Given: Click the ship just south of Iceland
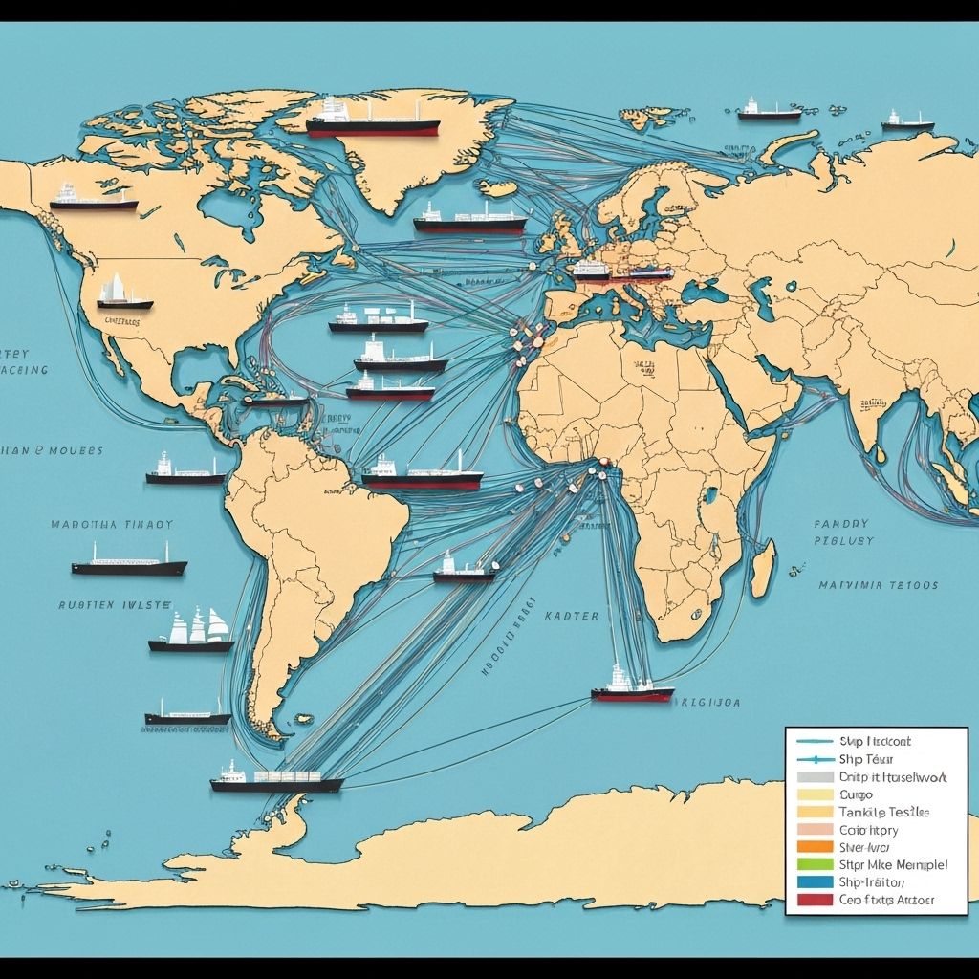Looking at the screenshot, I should (469, 221).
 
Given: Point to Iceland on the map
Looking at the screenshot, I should (499, 186).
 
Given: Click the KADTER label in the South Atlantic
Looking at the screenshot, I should (571, 617).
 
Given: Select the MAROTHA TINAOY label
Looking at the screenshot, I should (112, 525).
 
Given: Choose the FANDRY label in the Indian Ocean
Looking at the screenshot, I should (841, 524).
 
